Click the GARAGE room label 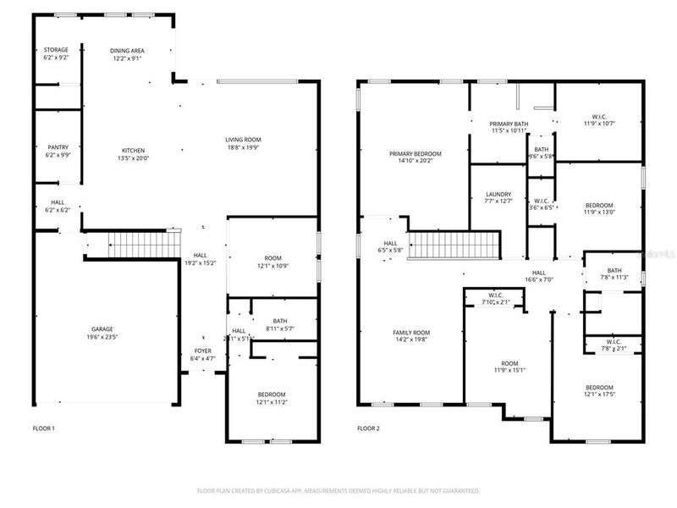tap(102, 329)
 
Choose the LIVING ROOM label tap(243, 140)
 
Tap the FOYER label tap(203, 351)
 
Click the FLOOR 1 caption tap(44, 428)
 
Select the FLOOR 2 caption tap(368, 428)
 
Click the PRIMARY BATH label tap(509, 124)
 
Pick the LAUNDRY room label tap(498, 193)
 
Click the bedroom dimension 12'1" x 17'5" tap(599, 395)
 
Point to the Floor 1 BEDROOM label tap(272, 395)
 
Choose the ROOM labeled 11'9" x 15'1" tap(509, 369)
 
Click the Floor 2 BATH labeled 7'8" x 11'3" tap(614, 276)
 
